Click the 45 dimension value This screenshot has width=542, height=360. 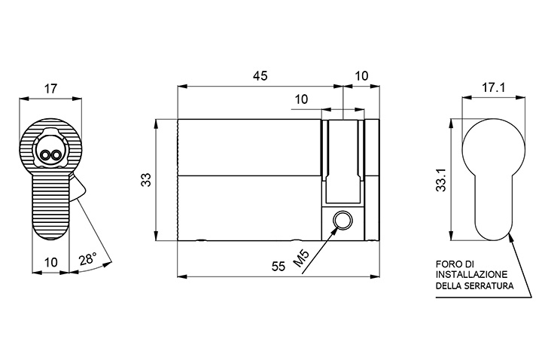coord(260,76)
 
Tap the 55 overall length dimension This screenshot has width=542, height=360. coord(279,267)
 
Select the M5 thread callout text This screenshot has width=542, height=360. coord(301,258)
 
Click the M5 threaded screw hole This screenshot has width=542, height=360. coord(343,220)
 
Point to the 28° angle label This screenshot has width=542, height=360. coord(87,259)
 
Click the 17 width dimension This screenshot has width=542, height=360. coord(50,89)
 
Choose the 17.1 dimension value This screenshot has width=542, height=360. coord(494,88)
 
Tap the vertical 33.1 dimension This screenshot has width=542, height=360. coord(441,180)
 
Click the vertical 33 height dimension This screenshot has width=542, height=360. coord(148,180)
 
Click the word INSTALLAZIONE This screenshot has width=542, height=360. coord(471,275)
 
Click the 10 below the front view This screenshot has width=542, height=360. coord(51,262)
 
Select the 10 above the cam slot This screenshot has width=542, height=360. coord(301,99)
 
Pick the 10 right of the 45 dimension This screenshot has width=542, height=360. coord(361,76)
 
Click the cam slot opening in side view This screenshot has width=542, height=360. coord(343,161)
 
